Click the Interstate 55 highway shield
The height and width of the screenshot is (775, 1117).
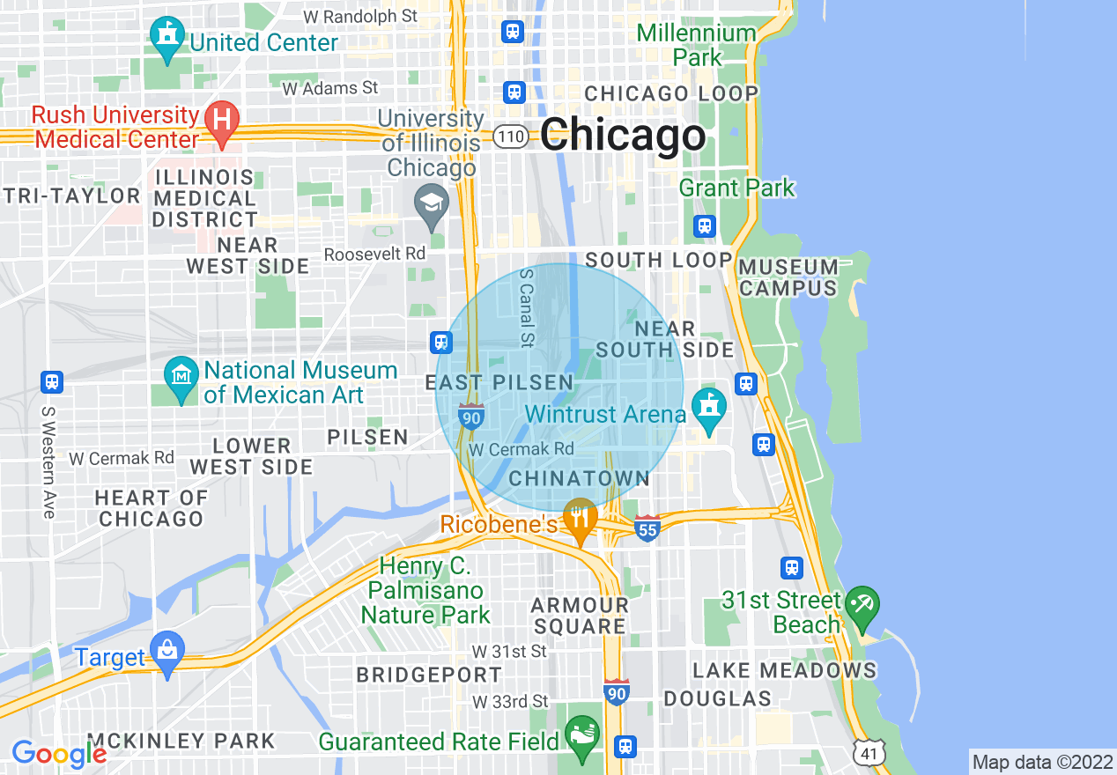click(x=647, y=528)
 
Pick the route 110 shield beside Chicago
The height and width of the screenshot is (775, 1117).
click(x=511, y=137)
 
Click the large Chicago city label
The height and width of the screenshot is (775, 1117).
click(x=623, y=136)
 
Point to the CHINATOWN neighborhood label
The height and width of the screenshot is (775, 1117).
click(x=580, y=478)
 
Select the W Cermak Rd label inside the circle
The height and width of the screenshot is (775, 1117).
click(x=521, y=449)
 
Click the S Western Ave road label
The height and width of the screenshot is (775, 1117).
click(x=48, y=461)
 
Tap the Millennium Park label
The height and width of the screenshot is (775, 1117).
click(x=696, y=46)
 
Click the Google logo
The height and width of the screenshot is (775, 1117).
click(x=58, y=753)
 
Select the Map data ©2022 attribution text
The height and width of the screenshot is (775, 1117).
click(x=1042, y=762)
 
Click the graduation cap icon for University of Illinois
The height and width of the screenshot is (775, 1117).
click(x=432, y=204)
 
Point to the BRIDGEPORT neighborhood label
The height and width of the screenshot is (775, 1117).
click(x=429, y=675)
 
